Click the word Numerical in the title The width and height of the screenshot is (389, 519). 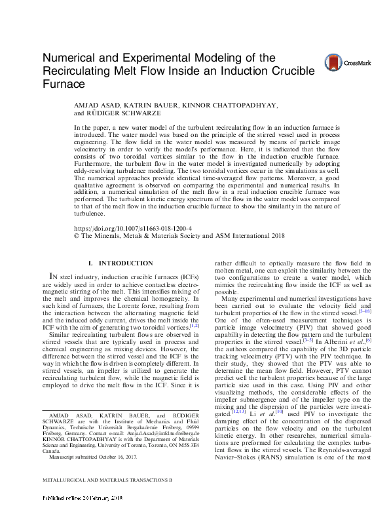(x=71, y=58)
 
